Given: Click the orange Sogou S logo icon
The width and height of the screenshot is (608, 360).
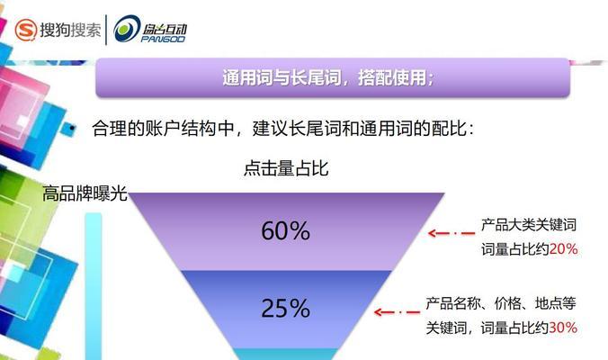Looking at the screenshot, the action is (x=25, y=30).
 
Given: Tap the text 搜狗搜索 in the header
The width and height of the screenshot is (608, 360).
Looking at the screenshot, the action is (x=70, y=30).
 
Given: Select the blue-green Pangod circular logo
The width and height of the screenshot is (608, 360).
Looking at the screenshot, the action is (x=127, y=29).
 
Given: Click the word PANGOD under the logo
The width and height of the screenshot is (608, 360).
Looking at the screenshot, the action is (x=163, y=39).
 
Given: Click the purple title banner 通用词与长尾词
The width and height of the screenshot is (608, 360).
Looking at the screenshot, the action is (x=333, y=77).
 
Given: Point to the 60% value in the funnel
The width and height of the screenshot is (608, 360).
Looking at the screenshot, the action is (x=285, y=230).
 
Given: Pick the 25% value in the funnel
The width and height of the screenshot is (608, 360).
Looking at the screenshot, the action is (x=285, y=309).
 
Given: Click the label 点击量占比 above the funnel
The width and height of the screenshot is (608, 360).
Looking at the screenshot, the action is (x=286, y=168).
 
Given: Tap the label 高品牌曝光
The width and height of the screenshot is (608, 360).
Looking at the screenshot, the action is (x=85, y=193).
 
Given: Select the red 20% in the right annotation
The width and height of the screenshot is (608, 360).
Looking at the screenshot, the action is (x=564, y=249).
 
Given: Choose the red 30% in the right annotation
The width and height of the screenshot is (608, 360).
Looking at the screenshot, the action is (x=563, y=328).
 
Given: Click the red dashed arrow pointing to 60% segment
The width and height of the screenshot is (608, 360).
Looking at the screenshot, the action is (x=452, y=233).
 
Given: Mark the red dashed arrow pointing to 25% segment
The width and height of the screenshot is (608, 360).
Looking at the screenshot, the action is (x=398, y=312).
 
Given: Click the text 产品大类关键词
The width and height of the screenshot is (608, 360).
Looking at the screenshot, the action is (x=529, y=225).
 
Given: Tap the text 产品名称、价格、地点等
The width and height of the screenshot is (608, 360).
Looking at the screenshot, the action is (x=501, y=303).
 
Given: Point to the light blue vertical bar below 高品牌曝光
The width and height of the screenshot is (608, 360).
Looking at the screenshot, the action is (x=94, y=286).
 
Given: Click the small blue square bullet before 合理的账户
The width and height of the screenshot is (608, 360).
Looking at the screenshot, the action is (x=71, y=128).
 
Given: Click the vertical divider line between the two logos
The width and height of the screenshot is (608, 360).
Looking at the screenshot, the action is (x=106, y=30).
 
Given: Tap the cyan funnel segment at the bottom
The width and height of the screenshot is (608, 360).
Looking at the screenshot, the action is (x=286, y=355).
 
